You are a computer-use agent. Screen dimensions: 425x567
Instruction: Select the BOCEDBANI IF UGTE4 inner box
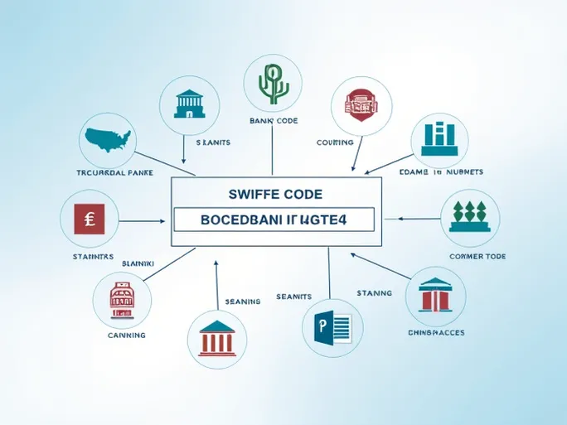(x=274, y=219)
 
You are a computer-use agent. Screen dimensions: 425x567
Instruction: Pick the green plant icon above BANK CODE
(x=272, y=84)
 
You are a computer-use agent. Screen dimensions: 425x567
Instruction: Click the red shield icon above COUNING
(x=360, y=106)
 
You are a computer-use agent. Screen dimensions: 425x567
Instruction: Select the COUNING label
(x=335, y=142)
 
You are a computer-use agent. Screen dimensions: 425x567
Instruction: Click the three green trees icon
(x=470, y=218)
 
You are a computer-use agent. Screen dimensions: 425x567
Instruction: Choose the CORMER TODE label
(x=477, y=257)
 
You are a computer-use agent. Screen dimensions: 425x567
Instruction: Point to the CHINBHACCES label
(x=436, y=332)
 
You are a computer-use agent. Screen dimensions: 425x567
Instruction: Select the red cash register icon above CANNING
(x=122, y=299)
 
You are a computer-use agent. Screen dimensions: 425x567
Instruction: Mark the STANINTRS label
(x=87, y=257)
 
